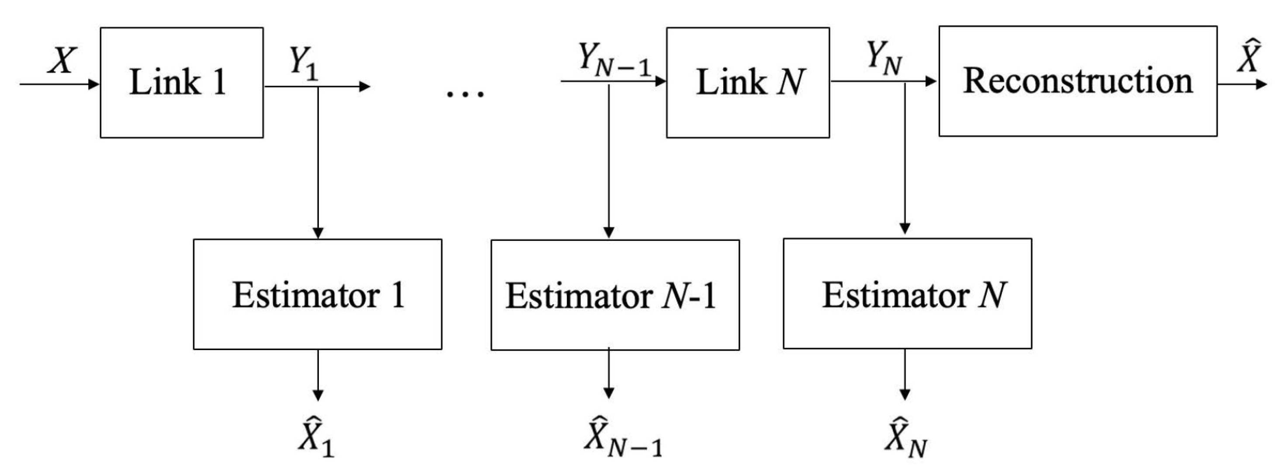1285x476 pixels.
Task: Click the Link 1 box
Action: point(182,82)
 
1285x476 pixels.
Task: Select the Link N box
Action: point(748,82)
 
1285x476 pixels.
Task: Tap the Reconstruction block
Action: point(1078,81)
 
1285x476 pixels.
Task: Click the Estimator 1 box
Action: point(317,294)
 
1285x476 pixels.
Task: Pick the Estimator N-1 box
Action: point(615,295)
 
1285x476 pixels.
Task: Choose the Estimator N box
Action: point(907,293)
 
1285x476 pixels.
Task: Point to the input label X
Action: point(62,61)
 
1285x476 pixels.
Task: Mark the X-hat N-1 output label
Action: point(622,437)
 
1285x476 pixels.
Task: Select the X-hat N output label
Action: point(905,438)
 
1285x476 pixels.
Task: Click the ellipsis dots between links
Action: point(465,93)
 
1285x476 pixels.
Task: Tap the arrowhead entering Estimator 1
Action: point(318,233)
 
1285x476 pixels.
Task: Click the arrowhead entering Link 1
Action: point(94,84)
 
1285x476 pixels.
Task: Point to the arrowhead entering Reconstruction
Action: point(931,81)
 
